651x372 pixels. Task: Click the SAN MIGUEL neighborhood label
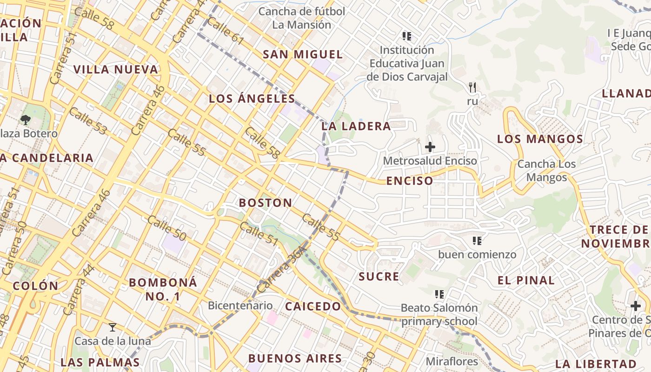303,54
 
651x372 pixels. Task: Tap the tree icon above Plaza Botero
25,120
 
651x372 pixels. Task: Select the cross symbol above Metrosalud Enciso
430,147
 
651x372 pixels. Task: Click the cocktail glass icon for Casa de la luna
113,327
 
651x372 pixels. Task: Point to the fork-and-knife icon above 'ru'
472,87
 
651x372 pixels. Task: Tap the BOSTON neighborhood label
266,203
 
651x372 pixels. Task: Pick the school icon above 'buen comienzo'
477,241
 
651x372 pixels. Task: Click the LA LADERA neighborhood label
356,126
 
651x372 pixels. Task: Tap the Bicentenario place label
240,306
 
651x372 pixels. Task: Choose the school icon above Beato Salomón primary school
439,294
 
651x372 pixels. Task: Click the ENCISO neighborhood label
409,181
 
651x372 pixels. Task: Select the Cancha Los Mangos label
546,171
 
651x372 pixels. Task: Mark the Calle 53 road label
88,120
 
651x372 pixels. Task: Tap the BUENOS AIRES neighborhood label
295,359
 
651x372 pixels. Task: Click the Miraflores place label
452,361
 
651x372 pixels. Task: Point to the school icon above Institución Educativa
407,36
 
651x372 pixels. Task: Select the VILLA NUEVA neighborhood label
116,70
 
